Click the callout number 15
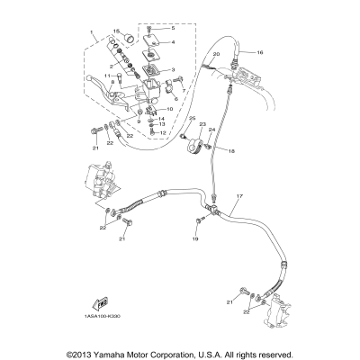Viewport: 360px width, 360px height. (x=115, y=31)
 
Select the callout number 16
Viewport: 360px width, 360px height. (x=259, y=53)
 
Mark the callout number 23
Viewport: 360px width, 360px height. (x=202, y=123)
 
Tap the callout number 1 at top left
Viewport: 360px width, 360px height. (x=91, y=33)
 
